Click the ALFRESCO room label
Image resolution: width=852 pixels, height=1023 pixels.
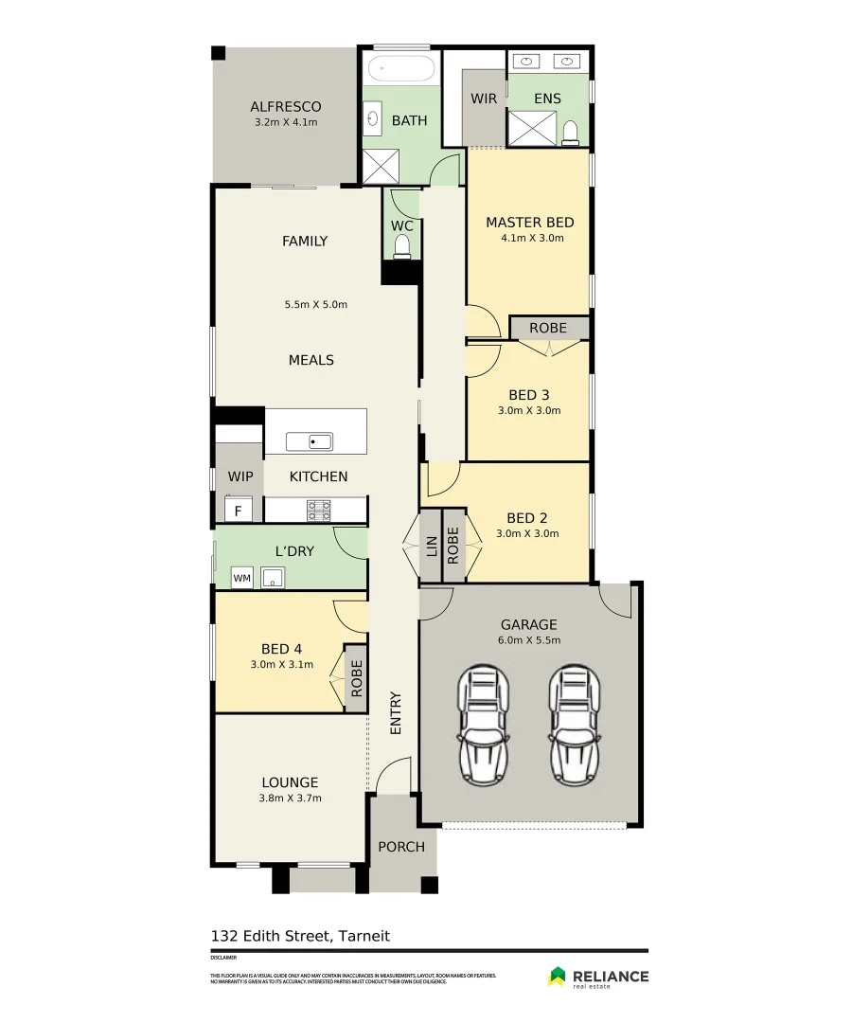click(285, 106)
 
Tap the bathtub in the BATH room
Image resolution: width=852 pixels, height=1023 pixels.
click(400, 70)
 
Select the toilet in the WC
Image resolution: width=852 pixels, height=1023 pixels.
click(401, 246)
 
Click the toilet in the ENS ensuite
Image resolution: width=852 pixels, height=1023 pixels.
click(570, 132)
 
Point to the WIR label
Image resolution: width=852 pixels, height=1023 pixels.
click(484, 99)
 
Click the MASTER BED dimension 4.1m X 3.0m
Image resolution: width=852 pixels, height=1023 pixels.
click(532, 238)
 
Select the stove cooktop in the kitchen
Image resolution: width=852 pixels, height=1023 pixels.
click(319, 510)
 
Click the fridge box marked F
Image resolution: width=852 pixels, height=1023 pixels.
click(239, 511)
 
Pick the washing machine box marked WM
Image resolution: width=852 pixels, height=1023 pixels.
click(241, 577)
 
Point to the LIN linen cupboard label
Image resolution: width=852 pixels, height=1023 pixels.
click(431, 546)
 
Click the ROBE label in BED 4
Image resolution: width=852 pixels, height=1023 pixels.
click(356, 678)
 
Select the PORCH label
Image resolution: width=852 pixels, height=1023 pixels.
click(401, 846)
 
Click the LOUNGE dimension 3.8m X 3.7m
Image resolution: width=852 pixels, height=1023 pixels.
click(290, 798)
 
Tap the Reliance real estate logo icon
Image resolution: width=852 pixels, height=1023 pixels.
click(558, 976)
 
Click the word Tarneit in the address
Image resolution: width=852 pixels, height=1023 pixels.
click(364, 936)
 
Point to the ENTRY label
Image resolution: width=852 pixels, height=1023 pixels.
click(395, 712)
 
